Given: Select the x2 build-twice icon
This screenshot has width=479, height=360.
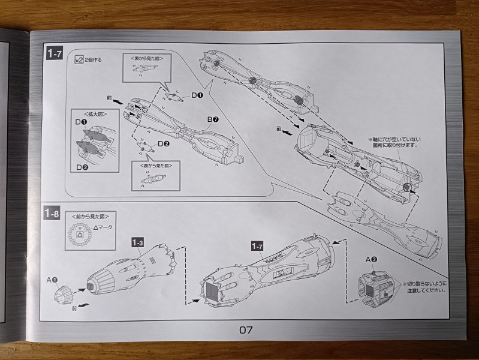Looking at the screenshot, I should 79,60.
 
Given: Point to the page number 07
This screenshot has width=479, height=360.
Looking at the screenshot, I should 246,329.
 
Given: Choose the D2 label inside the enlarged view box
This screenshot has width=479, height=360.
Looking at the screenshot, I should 81,166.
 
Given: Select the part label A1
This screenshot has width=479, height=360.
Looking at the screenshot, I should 51,280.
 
